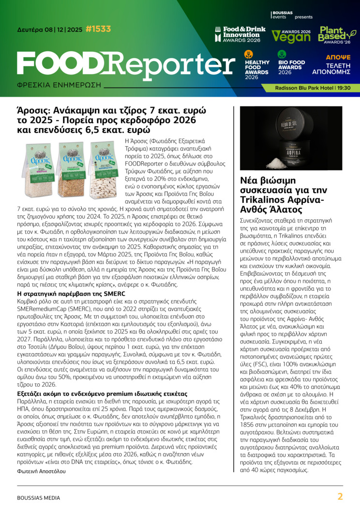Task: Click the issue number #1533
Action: pos(98,29)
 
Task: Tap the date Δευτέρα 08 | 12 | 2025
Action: pos(49,30)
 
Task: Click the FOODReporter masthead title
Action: pos(119,64)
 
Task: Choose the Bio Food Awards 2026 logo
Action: pos(291,63)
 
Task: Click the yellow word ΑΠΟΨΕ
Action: pos(338,57)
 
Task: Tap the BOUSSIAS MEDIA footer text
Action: pos(39,497)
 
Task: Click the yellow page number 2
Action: pos(340,496)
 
